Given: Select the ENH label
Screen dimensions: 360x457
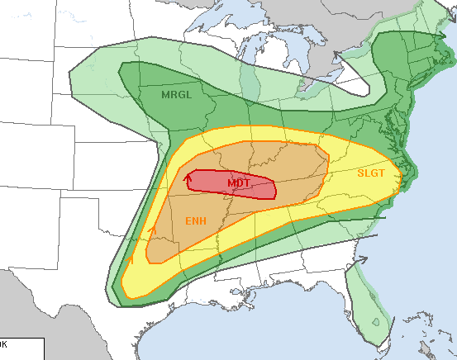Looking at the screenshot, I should (x=195, y=220).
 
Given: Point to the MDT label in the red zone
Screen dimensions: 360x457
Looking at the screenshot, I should (x=240, y=182).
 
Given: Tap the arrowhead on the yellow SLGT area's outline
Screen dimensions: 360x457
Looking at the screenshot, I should (x=132, y=258).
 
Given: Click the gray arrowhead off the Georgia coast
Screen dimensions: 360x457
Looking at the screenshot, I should (x=362, y=259).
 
